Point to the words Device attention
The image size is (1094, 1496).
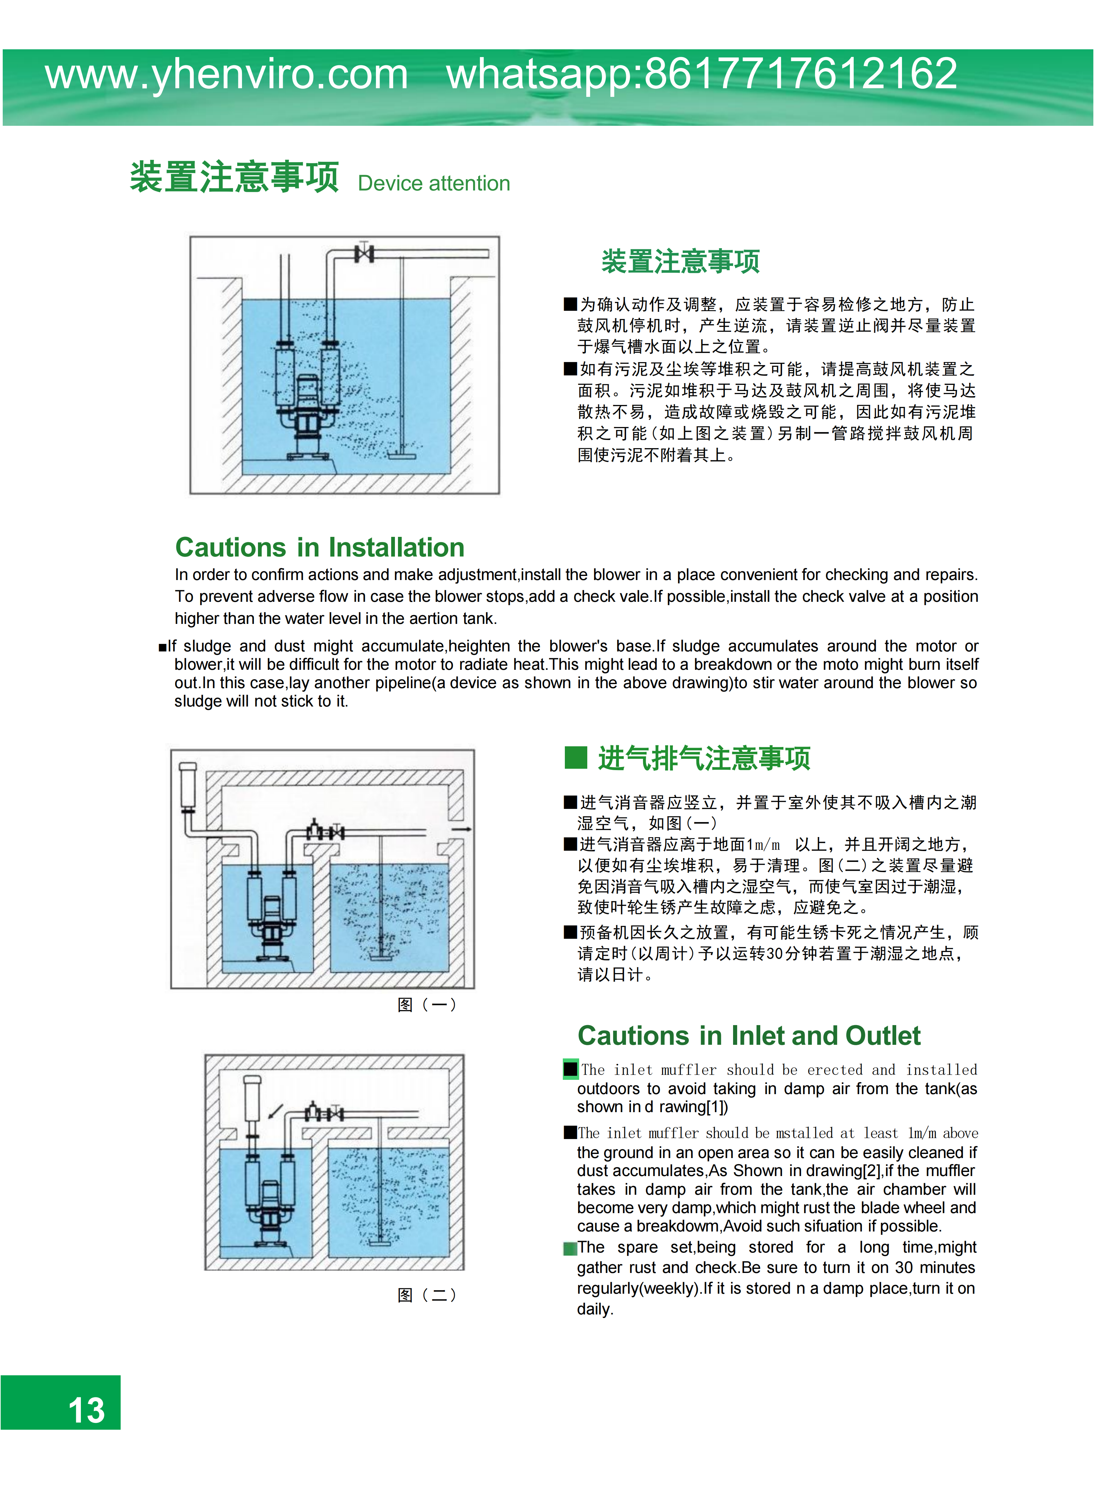434,184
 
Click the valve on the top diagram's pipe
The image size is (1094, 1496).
364,253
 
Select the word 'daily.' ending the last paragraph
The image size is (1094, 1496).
595,1309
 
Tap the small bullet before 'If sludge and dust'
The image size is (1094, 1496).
162,647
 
